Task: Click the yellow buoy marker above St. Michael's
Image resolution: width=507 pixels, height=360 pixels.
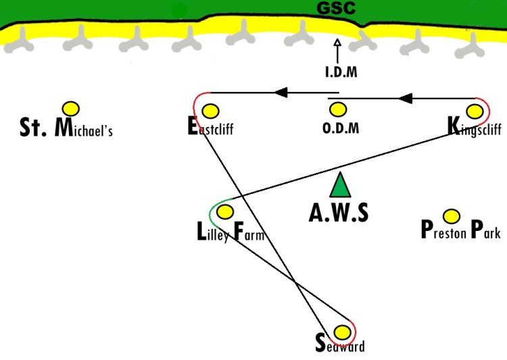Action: click(71, 109)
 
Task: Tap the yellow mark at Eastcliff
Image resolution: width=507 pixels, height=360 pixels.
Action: click(210, 111)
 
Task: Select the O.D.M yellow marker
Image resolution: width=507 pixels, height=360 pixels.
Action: click(338, 110)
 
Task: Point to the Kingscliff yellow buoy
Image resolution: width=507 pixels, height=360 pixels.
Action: click(475, 111)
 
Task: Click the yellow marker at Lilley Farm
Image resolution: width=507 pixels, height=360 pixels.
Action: click(225, 212)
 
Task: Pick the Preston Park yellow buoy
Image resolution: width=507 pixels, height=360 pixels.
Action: click(452, 216)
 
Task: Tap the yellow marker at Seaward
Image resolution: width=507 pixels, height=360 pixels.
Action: click(342, 332)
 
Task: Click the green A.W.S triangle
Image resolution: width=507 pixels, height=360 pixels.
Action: click(340, 185)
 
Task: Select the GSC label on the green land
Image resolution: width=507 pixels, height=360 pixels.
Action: click(336, 7)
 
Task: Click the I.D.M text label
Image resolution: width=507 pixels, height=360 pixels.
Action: click(341, 72)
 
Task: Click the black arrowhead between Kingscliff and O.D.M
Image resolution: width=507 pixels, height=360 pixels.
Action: click(406, 98)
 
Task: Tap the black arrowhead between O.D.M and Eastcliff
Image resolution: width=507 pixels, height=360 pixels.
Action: click(281, 93)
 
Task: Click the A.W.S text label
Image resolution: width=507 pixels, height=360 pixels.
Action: click(339, 213)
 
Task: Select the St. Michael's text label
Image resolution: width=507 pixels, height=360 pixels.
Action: click(66, 128)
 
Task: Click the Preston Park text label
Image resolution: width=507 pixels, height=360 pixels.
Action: click(461, 230)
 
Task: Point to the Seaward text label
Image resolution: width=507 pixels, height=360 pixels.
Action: click(340, 344)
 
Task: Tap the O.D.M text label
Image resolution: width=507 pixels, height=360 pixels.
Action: click(341, 128)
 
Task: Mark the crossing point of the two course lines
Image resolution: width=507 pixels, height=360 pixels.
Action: click(294, 282)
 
